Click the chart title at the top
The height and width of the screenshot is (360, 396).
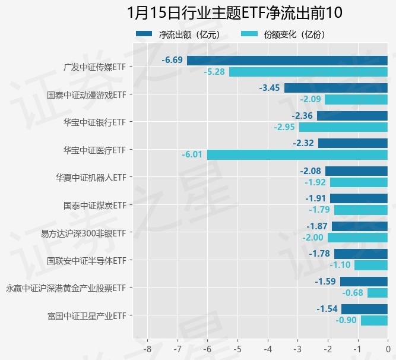click(x=235, y=13)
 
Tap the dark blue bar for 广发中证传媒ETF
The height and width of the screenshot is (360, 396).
click(x=287, y=60)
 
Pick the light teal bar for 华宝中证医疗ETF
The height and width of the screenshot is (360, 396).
click(x=297, y=154)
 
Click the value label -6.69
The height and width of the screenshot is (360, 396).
click(x=173, y=60)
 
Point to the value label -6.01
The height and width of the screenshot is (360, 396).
click(x=193, y=154)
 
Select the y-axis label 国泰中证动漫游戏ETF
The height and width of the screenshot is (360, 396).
click(x=86, y=94)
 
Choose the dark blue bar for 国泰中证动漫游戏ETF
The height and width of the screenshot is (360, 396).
click(x=336, y=88)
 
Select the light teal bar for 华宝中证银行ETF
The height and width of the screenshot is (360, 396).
click(x=343, y=127)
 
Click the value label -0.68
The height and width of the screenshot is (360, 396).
click(x=353, y=293)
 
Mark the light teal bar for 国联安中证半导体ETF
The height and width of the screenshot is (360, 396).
click(x=371, y=265)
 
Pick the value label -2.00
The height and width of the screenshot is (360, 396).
click(x=313, y=238)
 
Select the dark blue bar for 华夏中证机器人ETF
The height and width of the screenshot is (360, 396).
click(x=356, y=171)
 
